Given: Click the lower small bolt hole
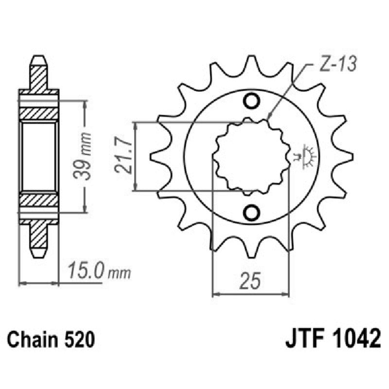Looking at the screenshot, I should [252, 212].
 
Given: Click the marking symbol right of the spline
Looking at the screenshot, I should [306, 156].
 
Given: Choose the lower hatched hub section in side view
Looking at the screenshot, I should [39, 199].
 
